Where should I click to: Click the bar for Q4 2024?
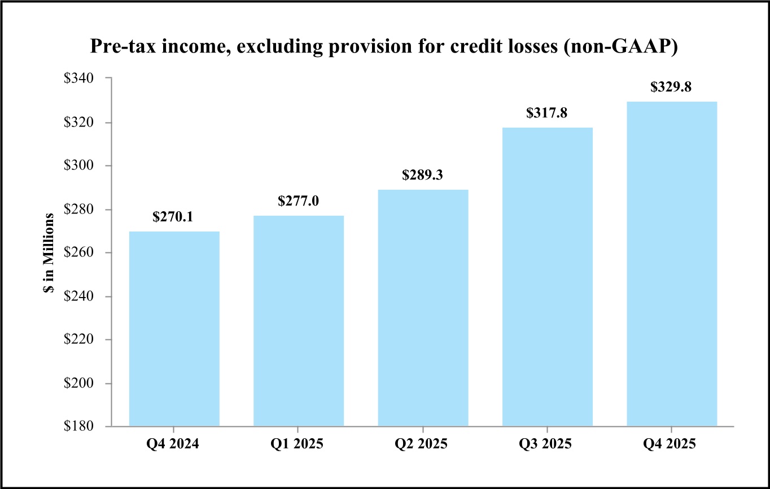click(174, 329)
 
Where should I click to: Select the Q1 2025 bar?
click(299, 321)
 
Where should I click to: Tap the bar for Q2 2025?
click(423, 308)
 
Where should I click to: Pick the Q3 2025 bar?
click(548, 277)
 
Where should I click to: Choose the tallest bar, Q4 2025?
click(672, 264)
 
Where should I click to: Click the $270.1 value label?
click(173, 217)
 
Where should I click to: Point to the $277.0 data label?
click(299, 201)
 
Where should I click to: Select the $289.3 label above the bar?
click(422, 174)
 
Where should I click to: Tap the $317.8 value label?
click(546, 113)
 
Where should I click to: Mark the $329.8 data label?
click(671, 86)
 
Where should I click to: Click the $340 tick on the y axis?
click(78, 78)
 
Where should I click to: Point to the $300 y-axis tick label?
click(78, 165)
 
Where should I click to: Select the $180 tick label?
click(78, 426)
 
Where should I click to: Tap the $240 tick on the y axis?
click(78, 296)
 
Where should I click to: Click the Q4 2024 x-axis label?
click(173, 444)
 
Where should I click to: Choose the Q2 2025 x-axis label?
click(421, 444)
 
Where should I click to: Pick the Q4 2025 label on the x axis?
click(670, 444)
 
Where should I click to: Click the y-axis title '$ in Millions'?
click(49, 253)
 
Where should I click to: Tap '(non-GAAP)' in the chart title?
click(621, 46)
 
